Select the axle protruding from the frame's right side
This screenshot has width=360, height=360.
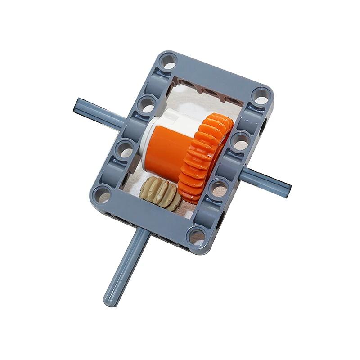(x=265, y=178)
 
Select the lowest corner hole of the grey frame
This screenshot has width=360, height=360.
(x=196, y=234)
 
